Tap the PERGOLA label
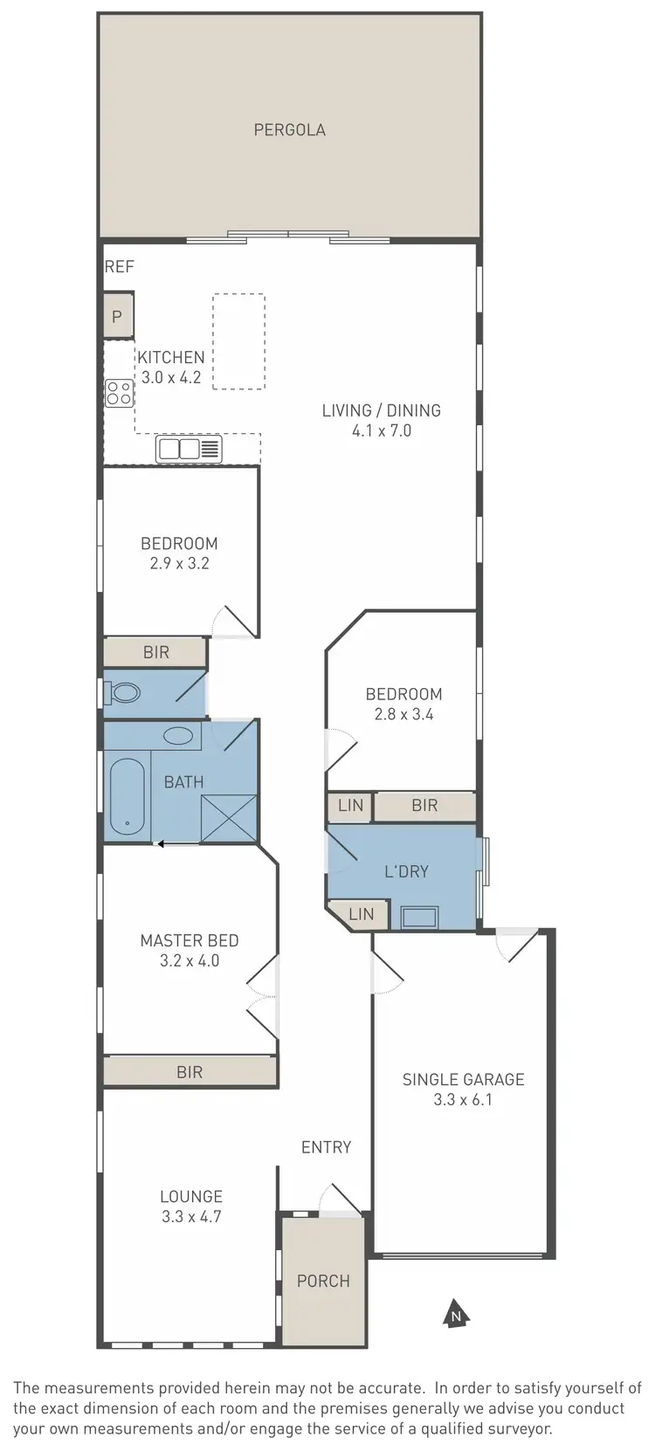pos(289,130)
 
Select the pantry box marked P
pos(118,317)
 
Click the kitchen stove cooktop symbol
pos(119,394)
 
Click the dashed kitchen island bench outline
pos(238,340)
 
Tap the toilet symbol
pos(123,693)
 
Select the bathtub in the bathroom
pos(128,795)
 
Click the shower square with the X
pos(229,818)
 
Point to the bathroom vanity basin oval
pos(179,735)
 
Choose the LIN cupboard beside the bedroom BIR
pos(350,805)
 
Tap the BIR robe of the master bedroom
pos(190,1071)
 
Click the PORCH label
pos(323,1281)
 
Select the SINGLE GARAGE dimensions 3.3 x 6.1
pos(463,1100)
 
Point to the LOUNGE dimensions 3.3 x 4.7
pos(191,1216)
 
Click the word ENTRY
pos(326,1147)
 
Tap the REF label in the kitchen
pos(119,266)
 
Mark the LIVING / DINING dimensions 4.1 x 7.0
pos(381,430)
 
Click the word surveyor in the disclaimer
pos(521,1429)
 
